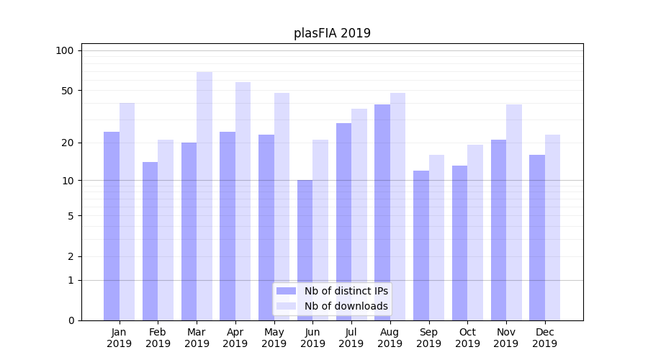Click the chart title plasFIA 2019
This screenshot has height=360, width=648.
point(332,33)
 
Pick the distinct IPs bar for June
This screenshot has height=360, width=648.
point(305,250)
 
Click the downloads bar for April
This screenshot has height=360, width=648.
point(243,201)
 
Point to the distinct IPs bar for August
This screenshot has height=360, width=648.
point(382,212)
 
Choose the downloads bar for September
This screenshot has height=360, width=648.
point(436,238)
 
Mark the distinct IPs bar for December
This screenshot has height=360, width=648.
point(537,238)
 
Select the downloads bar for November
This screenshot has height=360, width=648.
point(514,212)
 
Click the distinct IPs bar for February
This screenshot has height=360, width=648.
point(150,241)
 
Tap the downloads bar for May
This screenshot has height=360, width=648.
point(282,207)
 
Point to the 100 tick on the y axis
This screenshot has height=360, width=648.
point(65,50)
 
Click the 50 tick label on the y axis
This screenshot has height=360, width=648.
point(67,91)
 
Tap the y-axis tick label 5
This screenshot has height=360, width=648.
point(70,215)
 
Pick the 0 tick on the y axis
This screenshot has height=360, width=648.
point(70,320)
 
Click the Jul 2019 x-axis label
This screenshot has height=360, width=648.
point(351,338)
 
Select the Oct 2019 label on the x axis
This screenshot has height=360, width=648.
point(467,338)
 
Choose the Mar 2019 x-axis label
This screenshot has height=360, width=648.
point(197,338)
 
